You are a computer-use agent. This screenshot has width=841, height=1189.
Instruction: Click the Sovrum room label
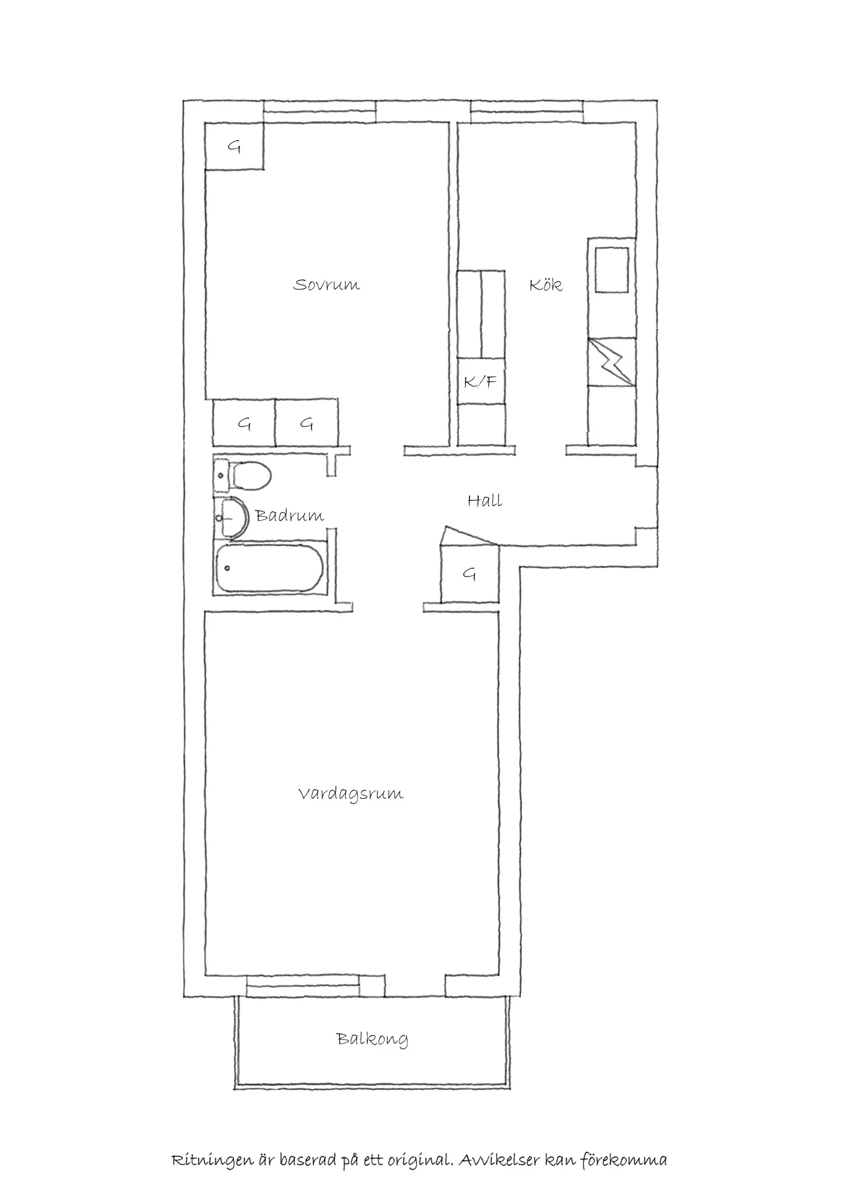[326, 285]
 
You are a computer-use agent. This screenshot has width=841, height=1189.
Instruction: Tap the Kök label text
[546, 285]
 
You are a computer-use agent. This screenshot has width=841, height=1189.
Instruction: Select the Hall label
[485, 501]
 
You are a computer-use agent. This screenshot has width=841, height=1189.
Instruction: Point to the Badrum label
[290, 515]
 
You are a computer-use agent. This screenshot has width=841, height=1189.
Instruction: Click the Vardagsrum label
[351, 794]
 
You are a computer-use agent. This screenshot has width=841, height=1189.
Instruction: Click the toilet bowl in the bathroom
[252, 475]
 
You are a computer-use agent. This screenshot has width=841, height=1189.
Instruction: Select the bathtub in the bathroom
[270, 568]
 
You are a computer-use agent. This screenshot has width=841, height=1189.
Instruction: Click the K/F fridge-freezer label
[480, 382]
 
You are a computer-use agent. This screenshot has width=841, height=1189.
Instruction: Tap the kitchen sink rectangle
[612, 269]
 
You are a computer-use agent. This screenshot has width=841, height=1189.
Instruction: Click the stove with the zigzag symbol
[612, 361]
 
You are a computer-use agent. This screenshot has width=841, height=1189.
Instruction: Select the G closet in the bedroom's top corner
[234, 147]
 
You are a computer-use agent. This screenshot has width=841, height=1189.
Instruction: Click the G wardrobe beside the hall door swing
[469, 574]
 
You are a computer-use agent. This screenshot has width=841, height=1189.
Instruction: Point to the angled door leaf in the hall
[468, 536]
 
